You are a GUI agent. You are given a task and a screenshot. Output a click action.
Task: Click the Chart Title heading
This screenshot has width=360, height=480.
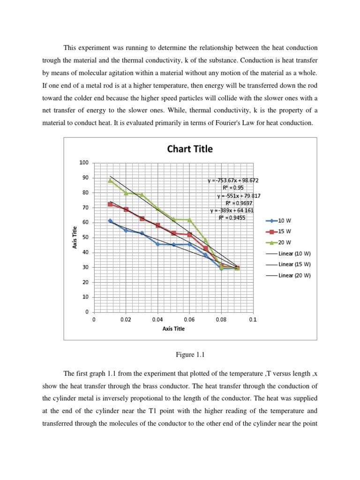coord(190,149)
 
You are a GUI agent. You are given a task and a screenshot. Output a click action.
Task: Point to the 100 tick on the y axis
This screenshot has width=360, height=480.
coord(84,163)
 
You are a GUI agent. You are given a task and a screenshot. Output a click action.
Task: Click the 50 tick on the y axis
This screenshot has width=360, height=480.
coord(85,237)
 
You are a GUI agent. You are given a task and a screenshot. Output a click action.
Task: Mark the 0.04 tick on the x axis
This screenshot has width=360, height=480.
coord(157,319)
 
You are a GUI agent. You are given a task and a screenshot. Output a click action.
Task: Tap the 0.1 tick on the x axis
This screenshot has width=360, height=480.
coord(253,319)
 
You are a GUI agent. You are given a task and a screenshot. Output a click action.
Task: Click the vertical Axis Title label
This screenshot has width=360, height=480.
coord(75,237)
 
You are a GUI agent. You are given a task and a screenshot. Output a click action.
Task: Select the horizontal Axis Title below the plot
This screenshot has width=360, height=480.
coord(173,329)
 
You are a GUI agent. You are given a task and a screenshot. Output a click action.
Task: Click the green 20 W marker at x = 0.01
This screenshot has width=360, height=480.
coord(110,180)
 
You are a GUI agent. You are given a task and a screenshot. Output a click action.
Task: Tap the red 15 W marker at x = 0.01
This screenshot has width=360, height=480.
coord(110,204)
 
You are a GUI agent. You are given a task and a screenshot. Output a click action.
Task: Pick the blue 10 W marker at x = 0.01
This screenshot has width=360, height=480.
coord(110,221)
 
